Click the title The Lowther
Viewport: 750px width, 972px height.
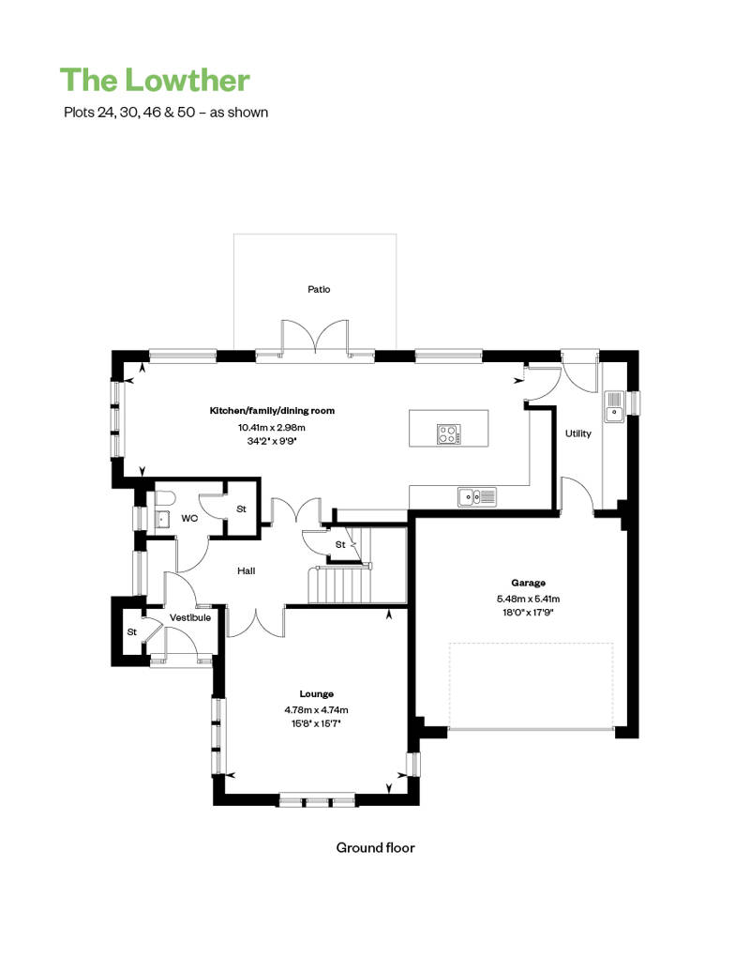pyautogui.click(x=155, y=80)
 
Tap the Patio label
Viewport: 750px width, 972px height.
pyautogui.click(x=319, y=290)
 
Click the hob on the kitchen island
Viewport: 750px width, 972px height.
pyautogui.click(x=448, y=433)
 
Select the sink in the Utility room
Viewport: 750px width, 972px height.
pyautogui.click(x=614, y=406)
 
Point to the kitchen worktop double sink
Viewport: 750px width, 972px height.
pyautogui.click(x=477, y=496)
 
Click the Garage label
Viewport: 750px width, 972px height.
pyautogui.click(x=529, y=583)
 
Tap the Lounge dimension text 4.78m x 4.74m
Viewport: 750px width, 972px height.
pyautogui.click(x=317, y=710)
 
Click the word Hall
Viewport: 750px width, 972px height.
pyautogui.click(x=246, y=571)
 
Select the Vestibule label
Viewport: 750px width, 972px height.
pyautogui.click(x=190, y=618)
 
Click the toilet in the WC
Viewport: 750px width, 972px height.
pyautogui.click(x=161, y=499)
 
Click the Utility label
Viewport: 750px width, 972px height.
pyautogui.click(x=577, y=433)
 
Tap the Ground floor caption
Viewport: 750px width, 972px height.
pyautogui.click(x=375, y=848)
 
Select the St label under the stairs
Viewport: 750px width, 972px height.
pyautogui.click(x=340, y=545)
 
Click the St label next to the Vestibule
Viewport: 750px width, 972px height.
pyautogui.click(x=132, y=632)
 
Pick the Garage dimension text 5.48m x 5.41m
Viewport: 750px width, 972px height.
pyautogui.click(x=529, y=599)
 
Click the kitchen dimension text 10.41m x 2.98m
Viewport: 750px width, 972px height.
pyautogui.click(x=272, y=428)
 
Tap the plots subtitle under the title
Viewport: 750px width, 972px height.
pyautogui.click(x=166, y=113)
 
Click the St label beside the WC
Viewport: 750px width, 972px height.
pyautogui.click(x=242, y=509)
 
